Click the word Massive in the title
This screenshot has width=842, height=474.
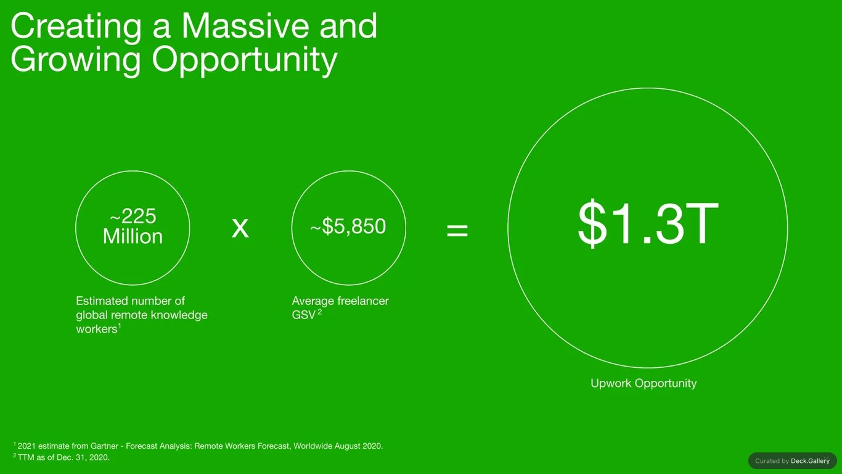click(x=245, y=25)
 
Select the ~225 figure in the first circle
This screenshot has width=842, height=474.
click(x=133, y=216)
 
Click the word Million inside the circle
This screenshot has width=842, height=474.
click(x=133, y=236)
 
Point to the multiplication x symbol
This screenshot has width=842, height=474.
click(x=240, y=227)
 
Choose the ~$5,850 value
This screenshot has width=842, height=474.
click(x=348, y=227)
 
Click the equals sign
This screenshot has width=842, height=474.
click(x=457, y=230)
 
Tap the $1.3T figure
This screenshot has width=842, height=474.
click(x=648, y=223)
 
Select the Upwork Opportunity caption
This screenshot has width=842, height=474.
click(x=644, y=383)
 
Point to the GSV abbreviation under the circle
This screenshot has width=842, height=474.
click(x=303, y=315)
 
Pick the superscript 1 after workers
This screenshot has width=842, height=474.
click(x=120, y=326)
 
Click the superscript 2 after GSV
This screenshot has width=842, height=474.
click(x=319, y=312)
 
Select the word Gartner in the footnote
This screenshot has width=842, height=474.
click(x=104, y=446)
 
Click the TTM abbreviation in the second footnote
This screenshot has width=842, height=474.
click(x=26, y=458)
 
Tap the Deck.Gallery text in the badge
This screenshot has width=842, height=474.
click(x=810, y=461)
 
